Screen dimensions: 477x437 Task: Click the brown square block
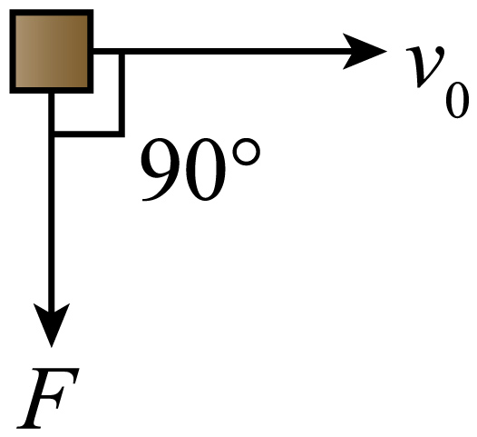(x=52, y=51)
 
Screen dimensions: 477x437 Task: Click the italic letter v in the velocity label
(x=425, y=66)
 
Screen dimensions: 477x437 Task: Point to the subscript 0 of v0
(x=457, y=100)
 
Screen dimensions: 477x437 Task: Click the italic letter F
(x=48, y=398)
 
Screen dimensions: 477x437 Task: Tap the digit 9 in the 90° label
(x=161, y=169)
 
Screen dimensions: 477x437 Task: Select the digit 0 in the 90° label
(x=205, y=169)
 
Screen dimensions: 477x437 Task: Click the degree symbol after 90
(x=246, y=152)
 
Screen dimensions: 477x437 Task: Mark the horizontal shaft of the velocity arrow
(x=225, y=51)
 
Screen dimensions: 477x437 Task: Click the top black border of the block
(x=52, y=12)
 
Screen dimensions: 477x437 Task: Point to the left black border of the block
(x=13, y=51)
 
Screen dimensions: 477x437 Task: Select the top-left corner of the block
(x=10, y=10)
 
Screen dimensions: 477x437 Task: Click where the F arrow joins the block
(x=52, y=94)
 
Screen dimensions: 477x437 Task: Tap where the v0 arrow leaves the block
(x=93, y=51)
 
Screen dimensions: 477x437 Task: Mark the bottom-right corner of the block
(x=93, y=93)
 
